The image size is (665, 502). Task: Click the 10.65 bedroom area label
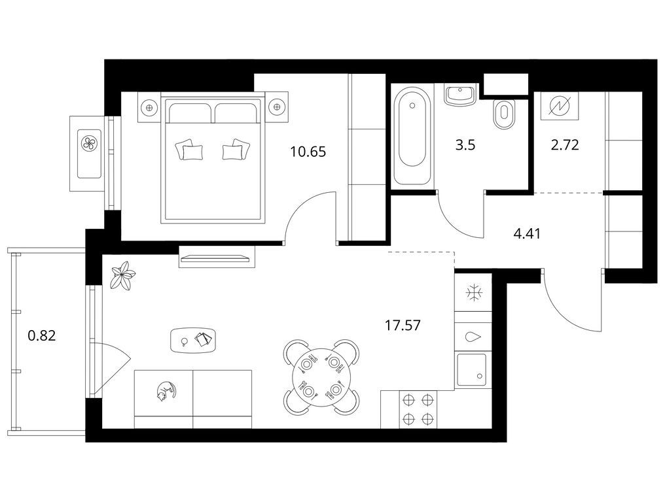click(308, 151)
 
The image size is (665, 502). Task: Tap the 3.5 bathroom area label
click(465, 145)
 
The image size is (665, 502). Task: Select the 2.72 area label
click(564, 145)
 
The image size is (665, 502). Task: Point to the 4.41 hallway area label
click(527, 233)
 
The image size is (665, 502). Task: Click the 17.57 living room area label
click(403, 326)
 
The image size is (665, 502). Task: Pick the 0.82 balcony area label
click(42, 336)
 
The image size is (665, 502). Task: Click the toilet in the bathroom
click(504, 114)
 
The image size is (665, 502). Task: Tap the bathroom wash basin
click(461, 95)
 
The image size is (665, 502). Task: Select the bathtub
click(412, 136)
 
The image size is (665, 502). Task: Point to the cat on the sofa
click(166, 391)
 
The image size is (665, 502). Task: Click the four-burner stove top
click(418, 409)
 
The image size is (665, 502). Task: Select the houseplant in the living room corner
click(123, 275)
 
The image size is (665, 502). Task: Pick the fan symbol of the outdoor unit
click(89, 143)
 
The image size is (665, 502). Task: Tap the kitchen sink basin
click(472, 369)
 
